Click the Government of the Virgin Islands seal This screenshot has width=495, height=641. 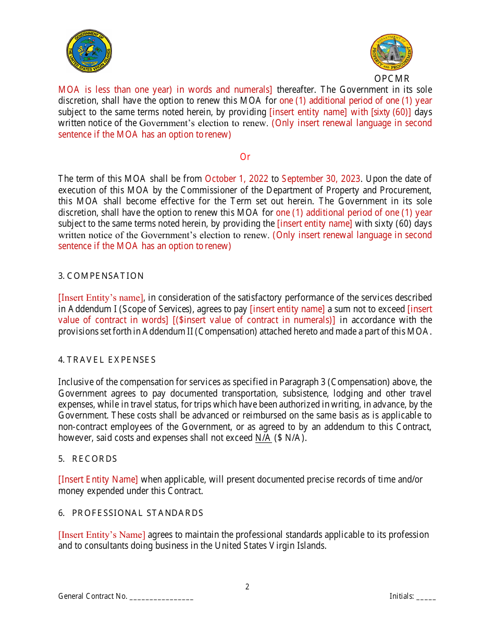(89, 51)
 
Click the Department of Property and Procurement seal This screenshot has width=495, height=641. (392, 53)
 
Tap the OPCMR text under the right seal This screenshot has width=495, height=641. (392, 79)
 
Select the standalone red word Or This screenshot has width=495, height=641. (245, 157)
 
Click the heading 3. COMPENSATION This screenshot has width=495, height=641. (101, 276)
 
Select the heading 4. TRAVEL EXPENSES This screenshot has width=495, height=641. (107, 360)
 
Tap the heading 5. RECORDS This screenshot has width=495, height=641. (88, 459)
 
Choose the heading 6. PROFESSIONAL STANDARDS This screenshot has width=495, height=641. (131, 513)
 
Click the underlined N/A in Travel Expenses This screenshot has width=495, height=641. (263, 438)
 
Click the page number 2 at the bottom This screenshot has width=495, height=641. (247, 587)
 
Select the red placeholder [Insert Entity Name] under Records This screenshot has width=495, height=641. (98, 479)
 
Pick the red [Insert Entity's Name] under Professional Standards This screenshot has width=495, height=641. (102, 535)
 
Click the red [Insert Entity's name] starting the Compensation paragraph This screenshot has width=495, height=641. (101, 298)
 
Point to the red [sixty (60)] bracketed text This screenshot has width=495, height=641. (391, 112)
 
